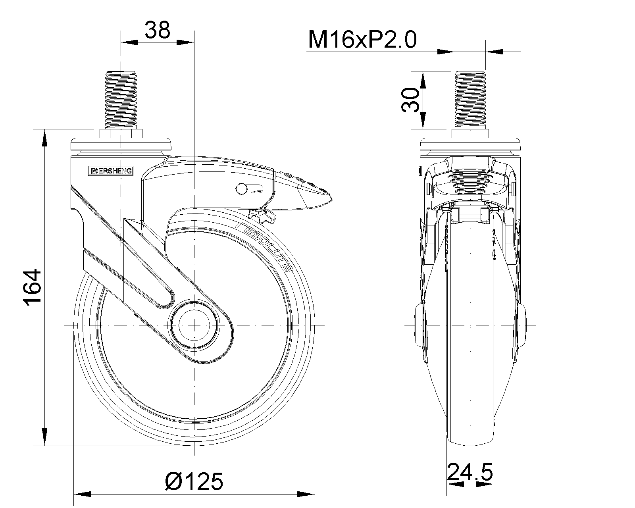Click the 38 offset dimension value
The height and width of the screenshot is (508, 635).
click(157, 30)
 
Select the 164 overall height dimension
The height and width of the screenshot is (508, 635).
click(32, 287)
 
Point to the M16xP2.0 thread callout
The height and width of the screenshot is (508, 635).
click(362, 40)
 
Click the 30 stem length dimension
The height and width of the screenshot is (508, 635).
click(410, 100)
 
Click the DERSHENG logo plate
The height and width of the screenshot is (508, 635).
click(111, 171)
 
